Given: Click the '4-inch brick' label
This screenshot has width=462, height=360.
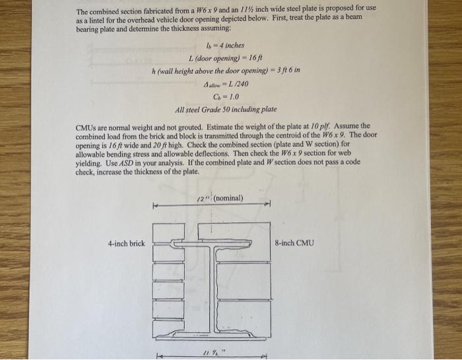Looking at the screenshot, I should (126, 244).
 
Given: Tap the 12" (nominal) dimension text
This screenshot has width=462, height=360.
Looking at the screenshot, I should (220, 198).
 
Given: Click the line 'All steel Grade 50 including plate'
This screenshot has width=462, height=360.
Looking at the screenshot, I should (225, 108).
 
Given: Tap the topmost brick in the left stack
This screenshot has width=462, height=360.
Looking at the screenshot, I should (165, 231).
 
